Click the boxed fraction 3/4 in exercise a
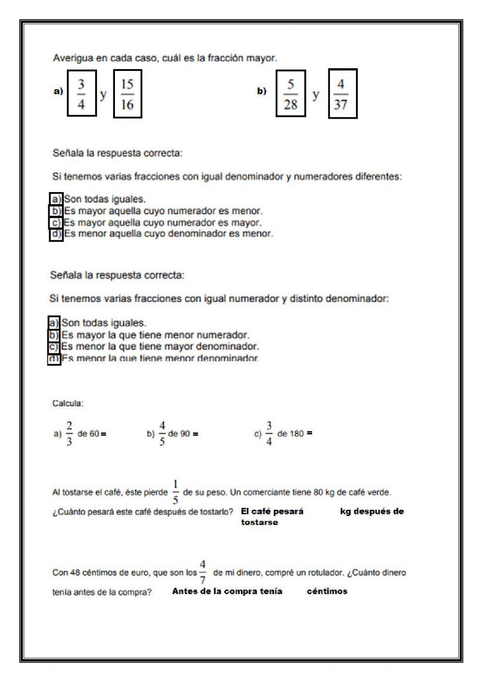81,94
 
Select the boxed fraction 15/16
127,94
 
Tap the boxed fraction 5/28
290,94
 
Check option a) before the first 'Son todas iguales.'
56,199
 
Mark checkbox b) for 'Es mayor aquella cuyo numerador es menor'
56,211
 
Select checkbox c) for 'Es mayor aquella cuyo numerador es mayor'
56,223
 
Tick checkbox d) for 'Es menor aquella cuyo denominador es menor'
56,234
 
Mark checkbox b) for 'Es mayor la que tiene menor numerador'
54,335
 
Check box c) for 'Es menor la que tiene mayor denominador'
54,347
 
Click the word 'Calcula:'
68,403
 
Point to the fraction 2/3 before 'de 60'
69,433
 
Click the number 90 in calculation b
185,434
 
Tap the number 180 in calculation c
297,434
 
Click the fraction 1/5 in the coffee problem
175,492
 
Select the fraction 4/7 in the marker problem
203,572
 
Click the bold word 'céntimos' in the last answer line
327,591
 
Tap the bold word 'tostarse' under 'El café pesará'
259,522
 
